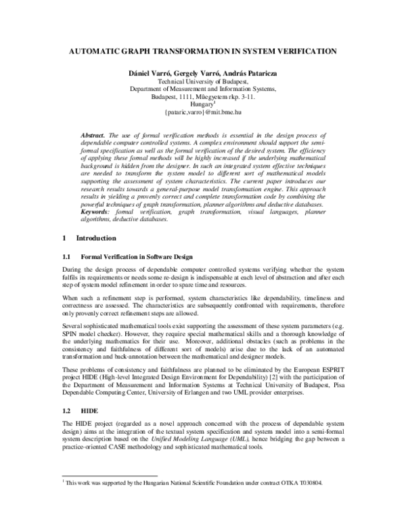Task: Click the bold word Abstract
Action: tap(93, 136)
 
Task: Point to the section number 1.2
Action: tap(66, 411)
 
